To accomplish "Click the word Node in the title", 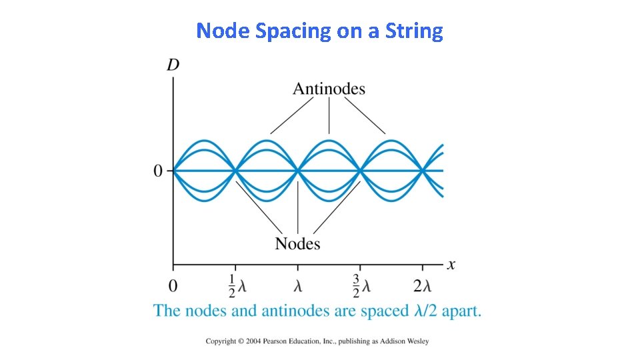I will click(x=223, y=31).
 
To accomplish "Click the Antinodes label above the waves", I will click(x=329, y=89).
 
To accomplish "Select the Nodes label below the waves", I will click(x=297, y=244).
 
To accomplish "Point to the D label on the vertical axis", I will click(x=173, y=65).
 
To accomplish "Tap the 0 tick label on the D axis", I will click(x=158, y=171).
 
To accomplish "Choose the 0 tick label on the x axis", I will click(x=173, y=287).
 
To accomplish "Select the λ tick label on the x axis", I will click(x=298, y=287).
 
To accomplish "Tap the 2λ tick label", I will click(x=422, y=287).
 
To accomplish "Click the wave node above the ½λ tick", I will click(x=235, y=171).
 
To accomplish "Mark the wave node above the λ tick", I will click(x=298, y=171).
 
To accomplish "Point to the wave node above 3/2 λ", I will click(x=360, y=171).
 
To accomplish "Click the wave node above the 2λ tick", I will click(x=423, y=171).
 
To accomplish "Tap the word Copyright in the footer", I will click(x=221, y=341).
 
